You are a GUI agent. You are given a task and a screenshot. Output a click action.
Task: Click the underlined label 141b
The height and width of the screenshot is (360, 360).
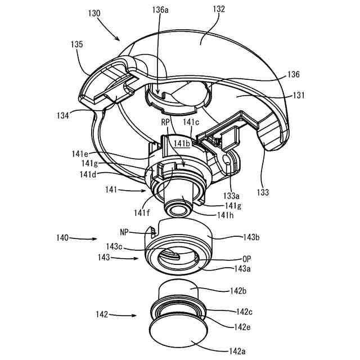182,144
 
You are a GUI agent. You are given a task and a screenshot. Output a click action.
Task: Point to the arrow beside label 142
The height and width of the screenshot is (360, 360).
119,316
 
